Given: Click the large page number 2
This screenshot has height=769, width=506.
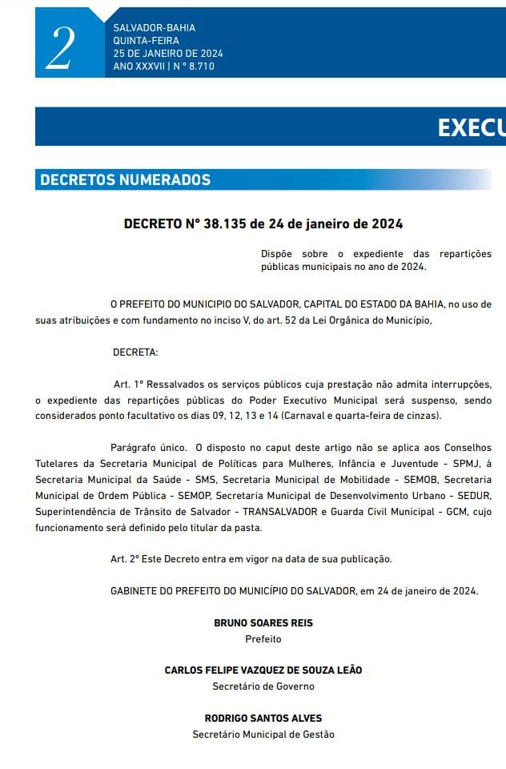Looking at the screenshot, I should (x=61, y=48).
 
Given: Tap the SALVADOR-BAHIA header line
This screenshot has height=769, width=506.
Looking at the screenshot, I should (x=154, y=28).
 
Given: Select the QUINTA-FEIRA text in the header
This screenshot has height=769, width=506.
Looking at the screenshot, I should (x=147, y=41).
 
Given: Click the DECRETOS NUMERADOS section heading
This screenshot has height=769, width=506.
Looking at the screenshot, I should (x=126, y=179).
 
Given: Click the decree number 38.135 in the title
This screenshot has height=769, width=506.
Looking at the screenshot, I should (x=227, y=223).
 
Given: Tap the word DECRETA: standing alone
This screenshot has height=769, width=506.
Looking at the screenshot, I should (x=135, y=352).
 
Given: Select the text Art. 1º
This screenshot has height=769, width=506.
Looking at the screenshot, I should (x=127, y=385).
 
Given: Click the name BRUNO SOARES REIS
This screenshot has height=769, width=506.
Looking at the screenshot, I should (x=263, y=622).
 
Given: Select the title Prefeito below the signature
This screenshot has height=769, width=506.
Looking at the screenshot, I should (x=263, y=639).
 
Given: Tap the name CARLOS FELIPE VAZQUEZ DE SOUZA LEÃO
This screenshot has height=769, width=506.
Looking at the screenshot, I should (x=263, y=670).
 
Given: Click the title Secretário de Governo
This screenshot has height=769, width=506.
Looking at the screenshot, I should (x=263, y=686).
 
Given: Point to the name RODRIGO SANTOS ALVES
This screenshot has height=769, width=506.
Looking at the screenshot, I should (x=263, y=718).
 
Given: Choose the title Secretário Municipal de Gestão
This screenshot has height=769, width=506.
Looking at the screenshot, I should (x=263, y=735).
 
